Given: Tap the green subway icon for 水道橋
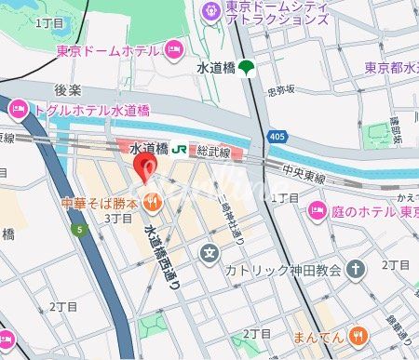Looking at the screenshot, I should click(x=246, y=67).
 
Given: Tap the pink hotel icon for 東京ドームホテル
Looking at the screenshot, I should click(x=173, y=48).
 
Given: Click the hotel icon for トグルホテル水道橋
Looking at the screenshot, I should click(x=19, y=111).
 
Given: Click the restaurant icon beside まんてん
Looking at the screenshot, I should click(x=358, y=336).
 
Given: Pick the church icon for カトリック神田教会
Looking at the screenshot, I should click(x=354, y=270).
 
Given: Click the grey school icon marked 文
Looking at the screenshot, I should click(x=210, y=252).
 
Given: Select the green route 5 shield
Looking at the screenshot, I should click(x=81, y=229).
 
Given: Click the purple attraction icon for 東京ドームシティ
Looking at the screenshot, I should click(x=210, y=9).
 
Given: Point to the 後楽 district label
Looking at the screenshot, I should click(x=68, y=90).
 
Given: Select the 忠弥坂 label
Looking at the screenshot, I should click(x=280, y=90).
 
